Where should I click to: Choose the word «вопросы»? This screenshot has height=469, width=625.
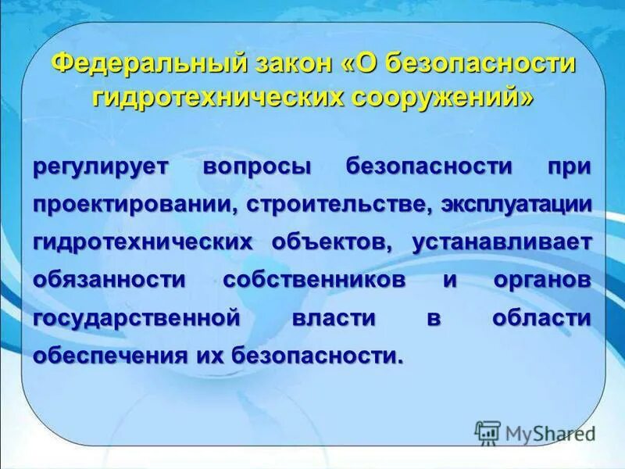(x=257, y=166)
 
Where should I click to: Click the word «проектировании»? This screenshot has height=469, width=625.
(x=135, y=203)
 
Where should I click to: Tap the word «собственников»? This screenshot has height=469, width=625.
(x=315, y=279)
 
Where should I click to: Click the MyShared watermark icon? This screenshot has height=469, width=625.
(x=488, y=431)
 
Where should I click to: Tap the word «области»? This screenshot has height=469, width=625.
(x=542, y=317)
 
